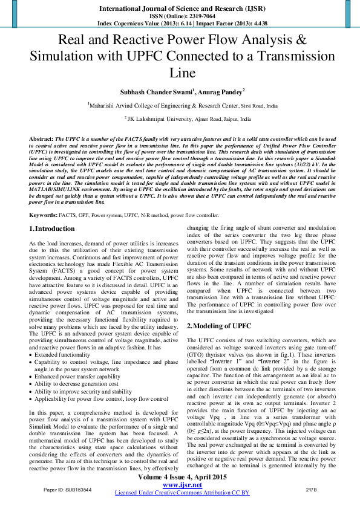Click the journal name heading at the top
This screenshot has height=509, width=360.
coord(179,9)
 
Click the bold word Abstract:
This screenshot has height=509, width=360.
coord(42,139)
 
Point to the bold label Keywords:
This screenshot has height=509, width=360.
coord(44,215)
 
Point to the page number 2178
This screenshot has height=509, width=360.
coord(312,488)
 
